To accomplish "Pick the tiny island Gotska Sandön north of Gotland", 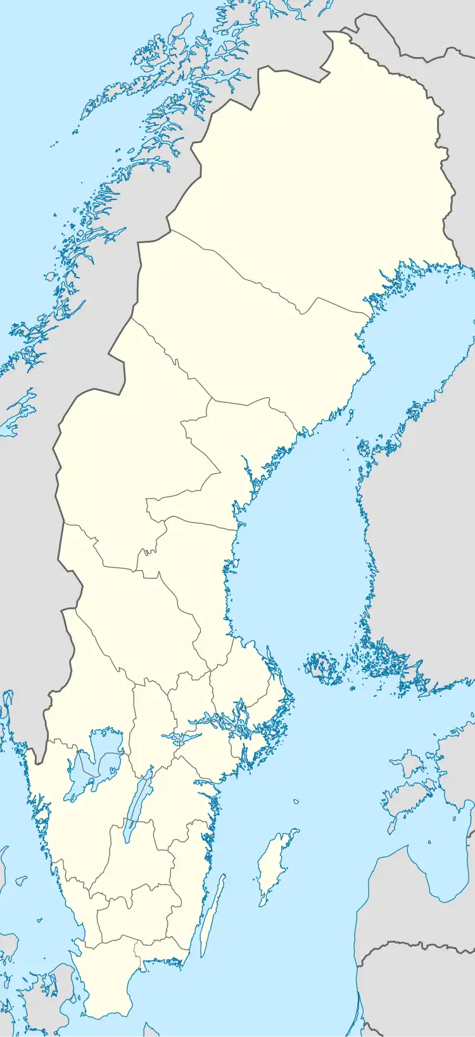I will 296,802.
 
